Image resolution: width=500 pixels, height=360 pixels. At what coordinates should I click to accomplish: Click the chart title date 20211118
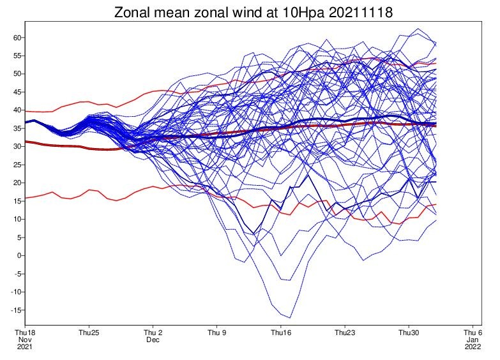pyautogui.click(x=360, y=12)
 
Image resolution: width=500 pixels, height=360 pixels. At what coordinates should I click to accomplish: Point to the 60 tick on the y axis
pyautogui.click(x=17, y=38)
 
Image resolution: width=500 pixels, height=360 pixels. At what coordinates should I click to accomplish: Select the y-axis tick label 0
pyautogui.click(x=19, y=255)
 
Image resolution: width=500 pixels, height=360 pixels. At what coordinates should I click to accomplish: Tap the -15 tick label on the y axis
pyautogui.click(x=16, y=310)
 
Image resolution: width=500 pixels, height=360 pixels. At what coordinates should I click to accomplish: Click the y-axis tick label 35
pyautogui.click(x=17, y=128)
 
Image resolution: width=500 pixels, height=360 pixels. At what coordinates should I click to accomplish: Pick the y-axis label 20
pyautogui.click(x=17, y=183)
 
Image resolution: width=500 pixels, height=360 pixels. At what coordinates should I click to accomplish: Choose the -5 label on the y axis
pyautogui.click(x=17, y=274)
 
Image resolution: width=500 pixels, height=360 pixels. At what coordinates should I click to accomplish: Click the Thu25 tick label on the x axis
pyautogui.click(x=89, y=333)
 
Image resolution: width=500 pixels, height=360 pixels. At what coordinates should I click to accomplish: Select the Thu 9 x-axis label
pyautogui.click(x=217, y=333)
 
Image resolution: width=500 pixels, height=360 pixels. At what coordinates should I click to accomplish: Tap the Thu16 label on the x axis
pyautogui.click(x=281, y=333)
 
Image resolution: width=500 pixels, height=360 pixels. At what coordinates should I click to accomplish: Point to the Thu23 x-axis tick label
pyautogui.click(x=345, y=333)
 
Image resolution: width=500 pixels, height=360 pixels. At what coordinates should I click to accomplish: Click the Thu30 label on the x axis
pyautogui.click(x=409, y=333)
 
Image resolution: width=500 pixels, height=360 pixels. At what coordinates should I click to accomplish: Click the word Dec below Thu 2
pyautogui.click(x=153, y=340)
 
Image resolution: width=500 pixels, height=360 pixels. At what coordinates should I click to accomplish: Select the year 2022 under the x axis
pyautogui.click(x=473, y=347)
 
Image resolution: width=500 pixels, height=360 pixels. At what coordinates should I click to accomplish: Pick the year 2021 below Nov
pyautogui.click(x=25, y=347)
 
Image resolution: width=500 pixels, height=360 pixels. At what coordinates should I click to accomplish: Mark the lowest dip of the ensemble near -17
pyautogui.click(x=290, y=318)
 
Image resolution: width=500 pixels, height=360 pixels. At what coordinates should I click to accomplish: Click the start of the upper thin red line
pyautogui.click(x=25, y=111)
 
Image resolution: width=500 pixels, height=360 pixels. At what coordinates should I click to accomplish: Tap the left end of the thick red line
pyautogui.click(x=25, y=142)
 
